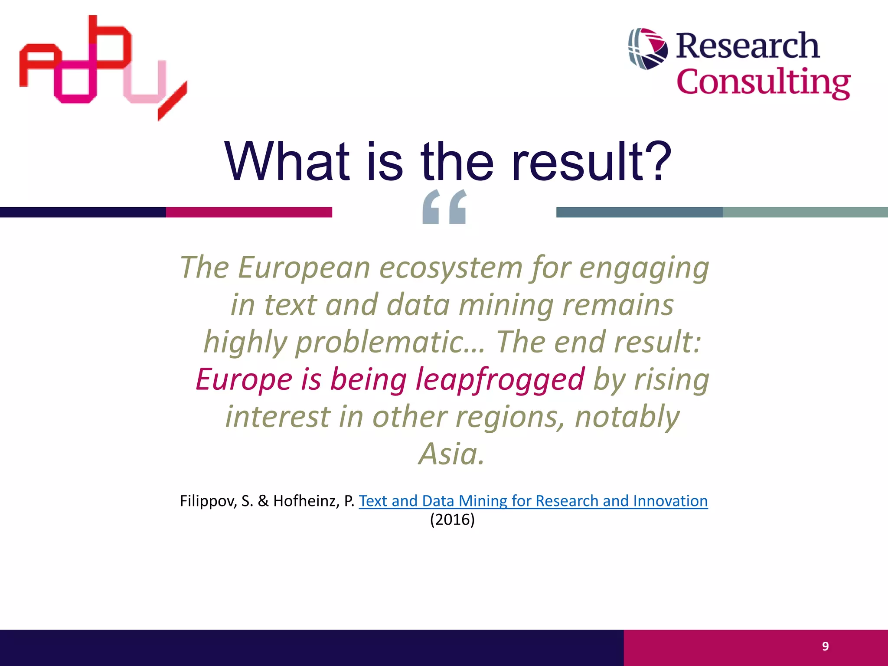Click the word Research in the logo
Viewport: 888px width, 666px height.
point(748,46)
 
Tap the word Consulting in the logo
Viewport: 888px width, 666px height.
point(763,82)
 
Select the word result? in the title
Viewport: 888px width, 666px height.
point(591,162)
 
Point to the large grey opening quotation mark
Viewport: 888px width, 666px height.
point(444,207)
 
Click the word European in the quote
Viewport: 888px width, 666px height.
point(304,268)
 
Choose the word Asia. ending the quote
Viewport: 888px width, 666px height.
point(451,454)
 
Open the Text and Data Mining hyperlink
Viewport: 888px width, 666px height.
point(533,501)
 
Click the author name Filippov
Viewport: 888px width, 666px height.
point(208,501)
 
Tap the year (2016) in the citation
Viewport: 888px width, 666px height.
point(452,519)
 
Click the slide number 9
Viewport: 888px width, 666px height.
point(825,646)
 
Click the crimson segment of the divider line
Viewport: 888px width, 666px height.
point(249,212)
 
